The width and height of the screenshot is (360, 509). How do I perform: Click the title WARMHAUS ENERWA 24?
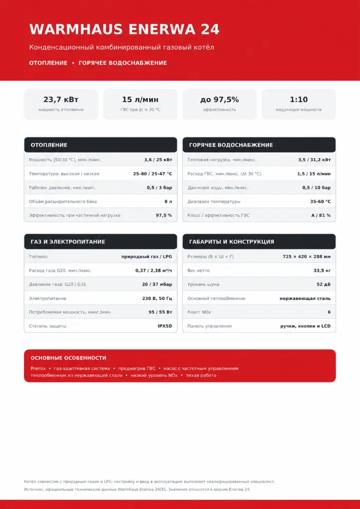tap(124, 29)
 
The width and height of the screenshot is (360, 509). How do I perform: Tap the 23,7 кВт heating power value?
tap(61, 99)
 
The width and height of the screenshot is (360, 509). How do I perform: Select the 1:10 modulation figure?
tap(299, 99)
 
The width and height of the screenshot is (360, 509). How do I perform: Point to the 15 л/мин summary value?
tap(140, 99)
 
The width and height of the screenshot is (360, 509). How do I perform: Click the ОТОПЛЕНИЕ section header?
tap(49, 145)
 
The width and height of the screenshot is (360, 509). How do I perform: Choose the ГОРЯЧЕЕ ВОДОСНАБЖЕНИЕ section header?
tap(231, 145)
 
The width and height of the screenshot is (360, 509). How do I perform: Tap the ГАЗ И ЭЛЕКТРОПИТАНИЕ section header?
tap(68, 242)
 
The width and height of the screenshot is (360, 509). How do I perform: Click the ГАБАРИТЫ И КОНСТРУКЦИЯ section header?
tap(231, 242)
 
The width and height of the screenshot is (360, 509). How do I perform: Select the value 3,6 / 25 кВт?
tap(158, 160)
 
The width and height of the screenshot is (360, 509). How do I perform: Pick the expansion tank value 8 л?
tap(168, 202)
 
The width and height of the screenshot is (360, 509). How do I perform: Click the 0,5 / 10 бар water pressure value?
tap(317, 187)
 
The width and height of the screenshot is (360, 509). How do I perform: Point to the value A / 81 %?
tap(321, 216)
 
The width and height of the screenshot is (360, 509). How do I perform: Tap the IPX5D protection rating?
tap(165, 326)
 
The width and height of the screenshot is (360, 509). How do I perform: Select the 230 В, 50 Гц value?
tap(157, 298)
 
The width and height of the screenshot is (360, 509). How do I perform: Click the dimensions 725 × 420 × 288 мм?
tap(307, 257)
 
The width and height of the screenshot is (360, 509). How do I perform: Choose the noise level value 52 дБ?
tap(324, 284)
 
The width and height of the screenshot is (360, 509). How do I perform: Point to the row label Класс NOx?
tap(199, 312)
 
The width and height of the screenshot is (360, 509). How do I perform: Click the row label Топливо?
tap(38, 257)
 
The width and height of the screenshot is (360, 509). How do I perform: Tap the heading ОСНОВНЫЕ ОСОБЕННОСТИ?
tap(69, 358)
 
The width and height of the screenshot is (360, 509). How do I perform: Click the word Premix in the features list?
tap(38, 368)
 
